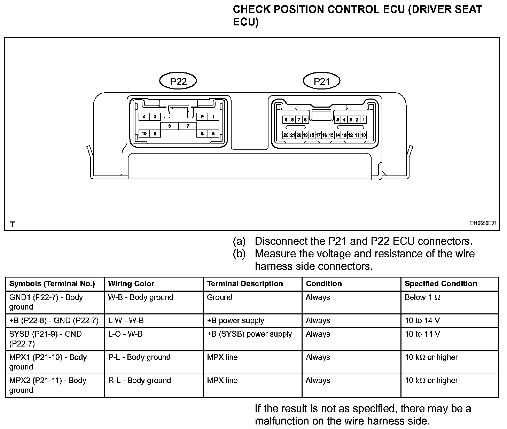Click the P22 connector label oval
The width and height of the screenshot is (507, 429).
click(x=178, y=81)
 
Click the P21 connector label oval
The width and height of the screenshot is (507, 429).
click(x=321, y=81)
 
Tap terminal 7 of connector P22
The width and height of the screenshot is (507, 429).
click(x=187, y=126)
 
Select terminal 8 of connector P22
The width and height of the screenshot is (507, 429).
click(x=169, y=126)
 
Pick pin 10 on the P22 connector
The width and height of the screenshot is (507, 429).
click(x=144, y=133)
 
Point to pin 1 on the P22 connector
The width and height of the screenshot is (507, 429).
click(x=213, y=117)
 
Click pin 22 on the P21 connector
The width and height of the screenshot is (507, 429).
click(x=286, y=135)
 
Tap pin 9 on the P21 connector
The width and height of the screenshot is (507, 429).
click(x=286, y=120)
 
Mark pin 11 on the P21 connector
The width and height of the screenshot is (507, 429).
click(x=357, y=135)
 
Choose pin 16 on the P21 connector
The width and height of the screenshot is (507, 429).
click(x=325, y=135)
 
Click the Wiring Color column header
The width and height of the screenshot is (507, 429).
click(x=131, y=283)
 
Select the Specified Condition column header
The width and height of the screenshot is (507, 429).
click(x=440, y=283)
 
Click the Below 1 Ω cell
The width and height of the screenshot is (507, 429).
click(x=422, y=297)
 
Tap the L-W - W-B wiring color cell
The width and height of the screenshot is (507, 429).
click(x=126, y=320)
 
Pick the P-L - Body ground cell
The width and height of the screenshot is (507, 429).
click(x=139, y=357)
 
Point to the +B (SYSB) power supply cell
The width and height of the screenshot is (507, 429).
click(x=249, y=334)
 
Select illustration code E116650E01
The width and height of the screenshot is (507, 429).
click(x=482, y=223)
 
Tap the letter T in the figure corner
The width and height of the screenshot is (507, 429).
click(x=13, y=224)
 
